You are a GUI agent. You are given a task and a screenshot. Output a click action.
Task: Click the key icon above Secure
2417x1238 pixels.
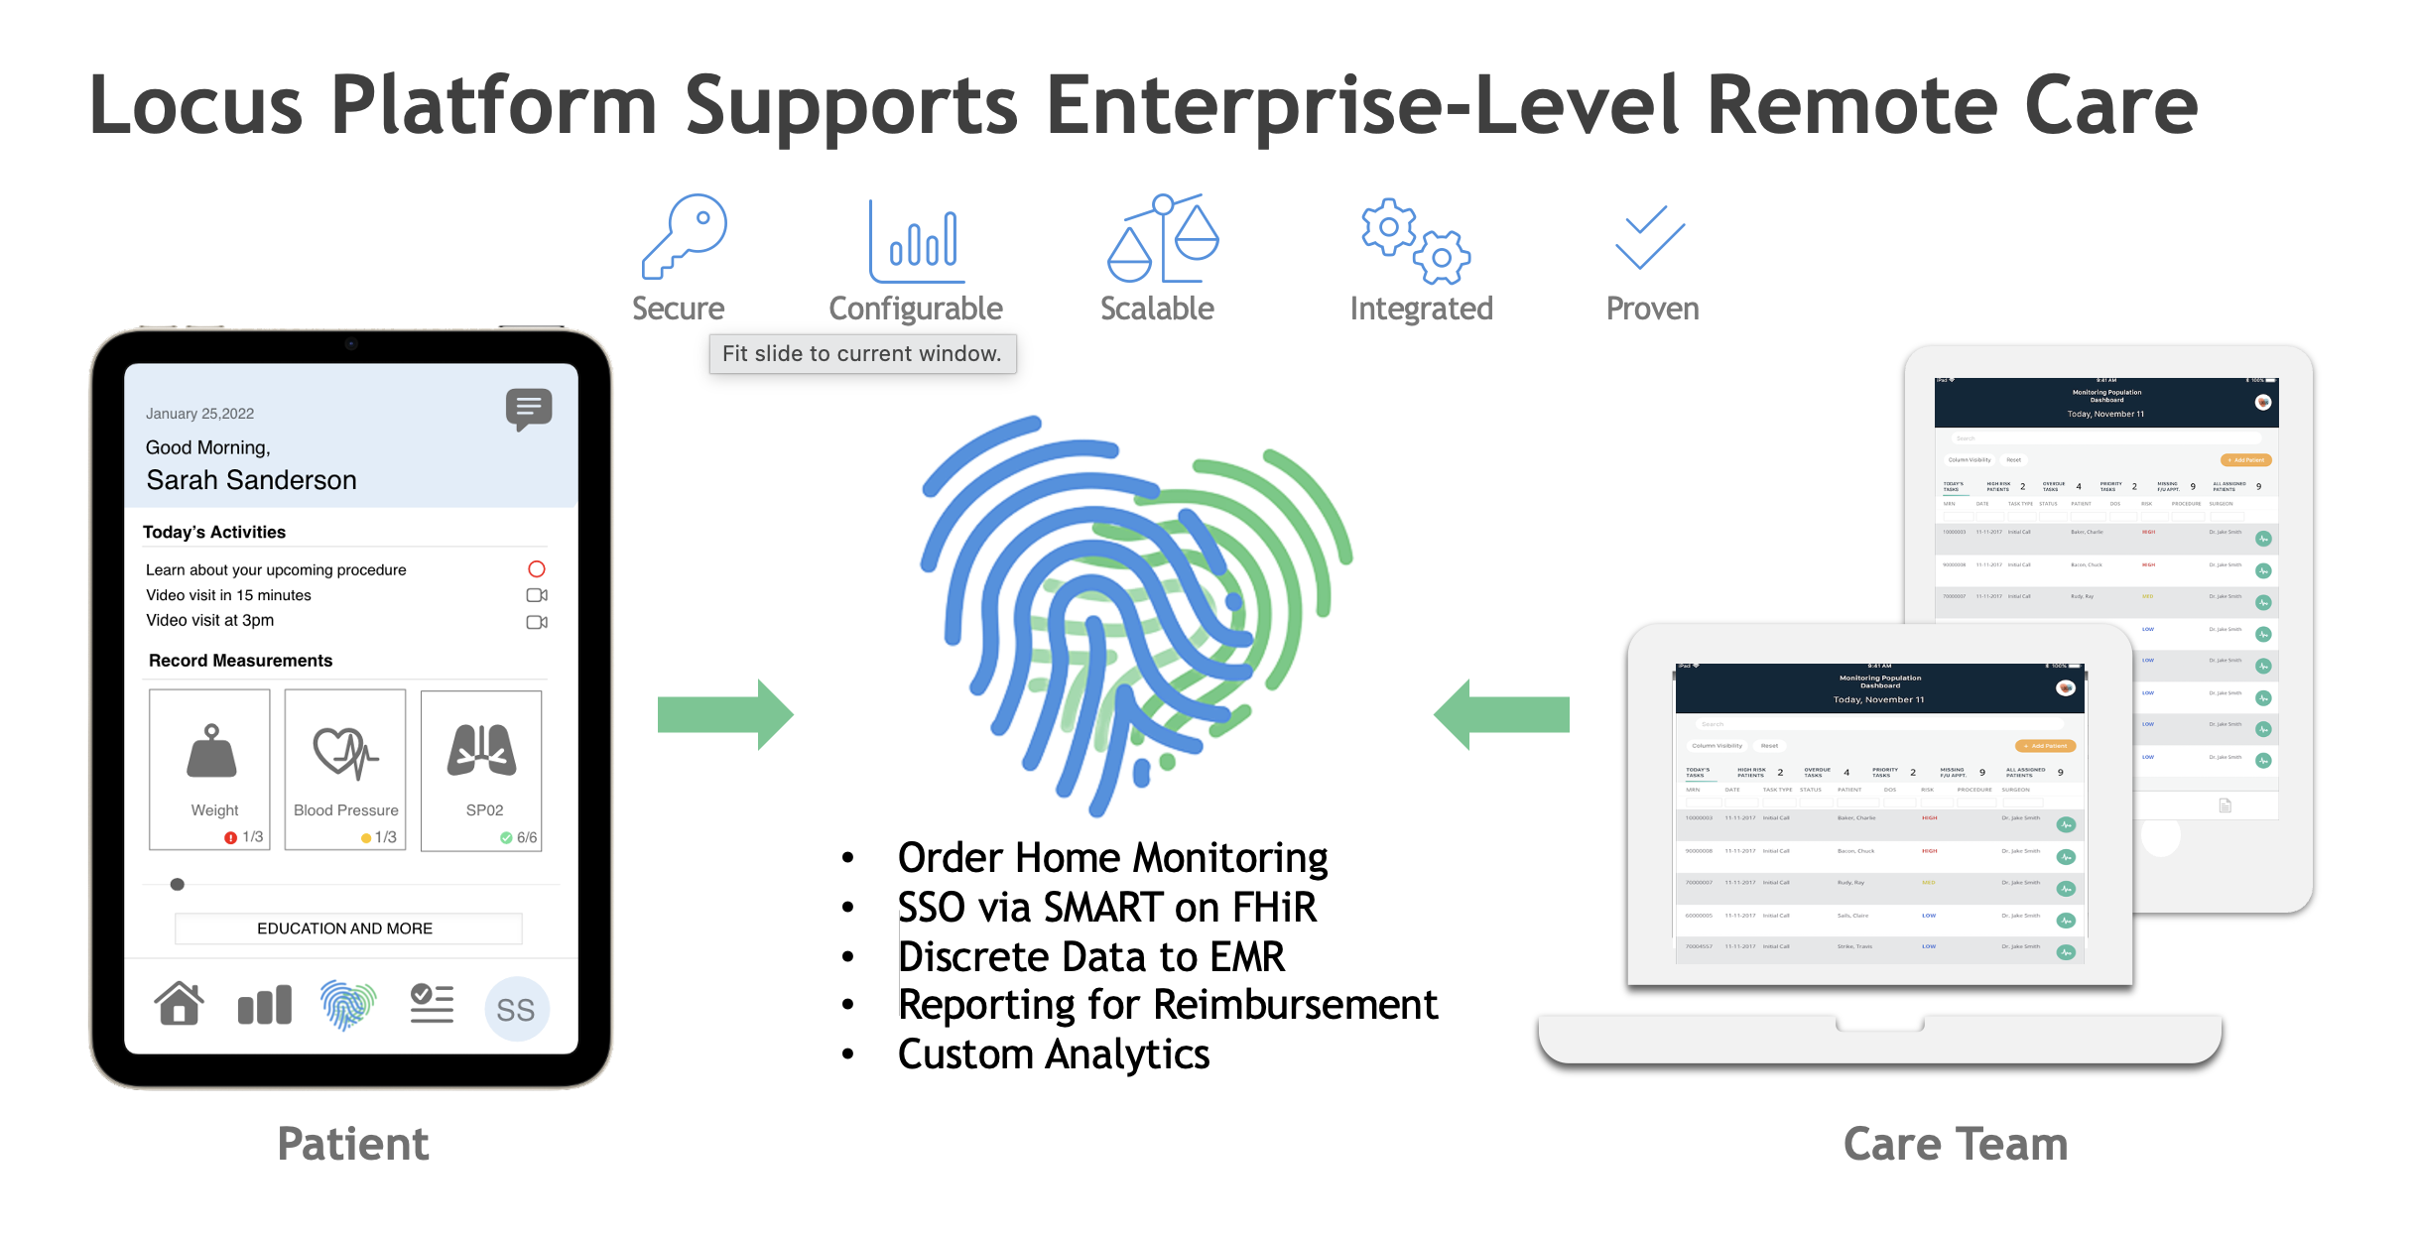(684, 236)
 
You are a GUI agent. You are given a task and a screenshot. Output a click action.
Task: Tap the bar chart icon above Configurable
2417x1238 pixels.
(917, 241)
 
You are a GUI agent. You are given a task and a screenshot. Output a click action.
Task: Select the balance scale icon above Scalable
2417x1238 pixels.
(1162, 238)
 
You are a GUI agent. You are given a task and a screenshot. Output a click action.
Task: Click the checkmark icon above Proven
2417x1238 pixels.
(1650, 237)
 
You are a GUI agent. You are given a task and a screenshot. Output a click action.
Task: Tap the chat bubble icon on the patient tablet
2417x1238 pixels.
(529, 408)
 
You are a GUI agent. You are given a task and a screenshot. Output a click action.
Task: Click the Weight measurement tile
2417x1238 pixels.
(210, 770)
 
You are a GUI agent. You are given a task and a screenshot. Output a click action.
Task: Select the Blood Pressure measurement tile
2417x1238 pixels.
(345, 770)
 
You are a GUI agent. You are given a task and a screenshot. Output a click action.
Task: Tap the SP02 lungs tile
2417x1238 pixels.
(481, 770)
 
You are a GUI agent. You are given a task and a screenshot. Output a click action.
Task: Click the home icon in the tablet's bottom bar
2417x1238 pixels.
(180, 1004)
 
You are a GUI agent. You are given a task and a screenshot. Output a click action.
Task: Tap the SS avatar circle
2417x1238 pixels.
(516, 1009)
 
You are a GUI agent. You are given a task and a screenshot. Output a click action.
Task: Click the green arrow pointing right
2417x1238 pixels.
(725, 714)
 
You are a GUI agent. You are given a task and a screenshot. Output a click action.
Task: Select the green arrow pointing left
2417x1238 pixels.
(1501, 714)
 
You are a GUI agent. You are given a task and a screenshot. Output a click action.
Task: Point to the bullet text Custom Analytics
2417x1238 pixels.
(1053, 1054)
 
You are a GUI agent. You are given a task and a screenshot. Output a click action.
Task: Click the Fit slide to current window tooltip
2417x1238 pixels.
(862, 354)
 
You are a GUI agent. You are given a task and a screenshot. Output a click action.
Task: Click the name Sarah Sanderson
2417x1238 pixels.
(251, 480)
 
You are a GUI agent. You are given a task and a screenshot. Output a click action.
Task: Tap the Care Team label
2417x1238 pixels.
(1955, 1144)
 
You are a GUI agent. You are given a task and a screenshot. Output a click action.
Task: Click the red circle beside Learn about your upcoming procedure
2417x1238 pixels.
(537, 569)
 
